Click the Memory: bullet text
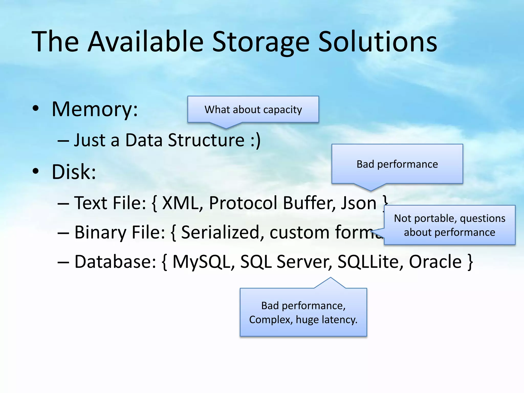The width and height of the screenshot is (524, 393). [95, 110]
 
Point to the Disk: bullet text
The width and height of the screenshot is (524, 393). [74, 172]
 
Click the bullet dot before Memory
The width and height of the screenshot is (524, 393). [36, 108]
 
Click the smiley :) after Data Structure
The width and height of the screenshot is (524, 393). [256, 140]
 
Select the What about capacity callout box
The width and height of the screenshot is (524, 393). [253, 110]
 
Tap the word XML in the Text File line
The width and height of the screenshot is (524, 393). [180, 203]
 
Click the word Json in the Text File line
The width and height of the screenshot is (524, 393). [358, 203]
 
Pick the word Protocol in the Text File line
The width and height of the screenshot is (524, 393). [243, 203]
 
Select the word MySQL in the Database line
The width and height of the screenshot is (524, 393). [201, 262]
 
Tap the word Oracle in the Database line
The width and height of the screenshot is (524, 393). [435, 262]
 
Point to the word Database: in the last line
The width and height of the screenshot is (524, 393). [115, 262]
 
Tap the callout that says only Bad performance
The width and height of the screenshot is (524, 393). [397, 164]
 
